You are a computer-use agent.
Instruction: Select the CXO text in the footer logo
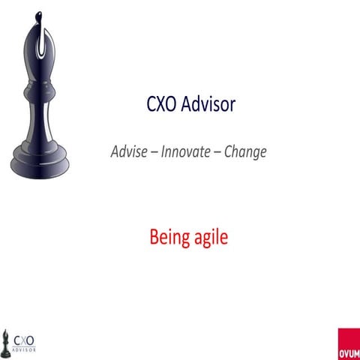25,337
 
